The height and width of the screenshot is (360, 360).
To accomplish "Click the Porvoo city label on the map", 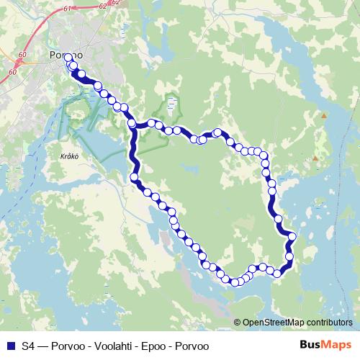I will tap(66, 55).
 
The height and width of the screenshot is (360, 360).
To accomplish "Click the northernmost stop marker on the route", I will tap(68, 58).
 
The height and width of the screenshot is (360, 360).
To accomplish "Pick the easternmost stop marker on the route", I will tap(292, 236).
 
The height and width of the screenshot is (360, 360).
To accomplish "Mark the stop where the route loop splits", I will tap(132, 124).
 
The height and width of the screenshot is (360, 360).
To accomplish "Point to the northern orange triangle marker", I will tap(324, 115).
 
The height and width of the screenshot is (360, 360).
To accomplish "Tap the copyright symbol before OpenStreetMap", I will tap(237, 323).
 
